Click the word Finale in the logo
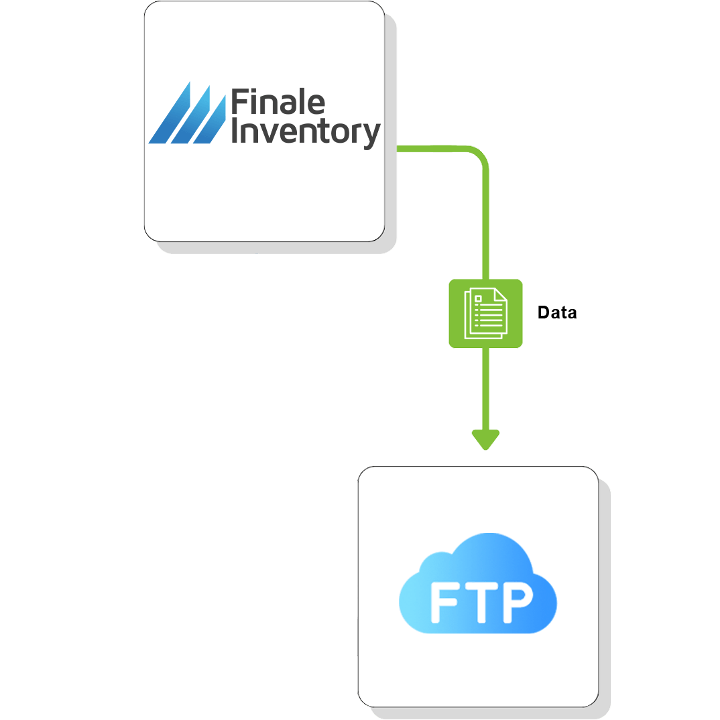point(278,103)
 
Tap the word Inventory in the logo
point(306,132)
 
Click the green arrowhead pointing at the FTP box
point(485,440)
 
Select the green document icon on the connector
point(485,313)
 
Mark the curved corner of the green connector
point(480,156)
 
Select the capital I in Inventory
point(235,131)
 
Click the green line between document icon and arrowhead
point(485,389)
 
